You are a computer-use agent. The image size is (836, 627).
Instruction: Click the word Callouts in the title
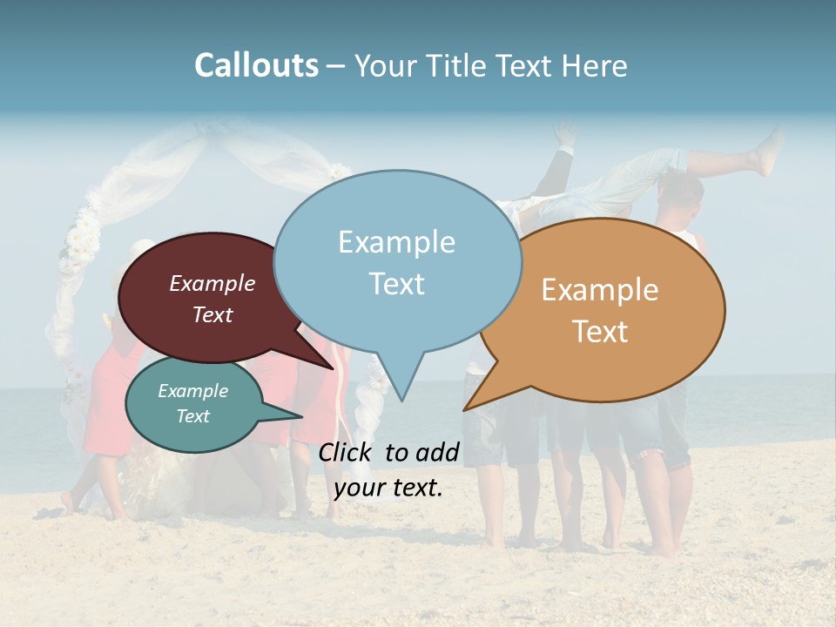click(x=256, y=65)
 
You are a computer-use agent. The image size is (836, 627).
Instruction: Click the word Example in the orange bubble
click(x=600, y=290)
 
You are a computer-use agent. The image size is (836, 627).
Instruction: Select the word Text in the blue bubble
click(x=397, y=284)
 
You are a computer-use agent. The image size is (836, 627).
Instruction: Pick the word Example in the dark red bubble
click(x=212, y=283)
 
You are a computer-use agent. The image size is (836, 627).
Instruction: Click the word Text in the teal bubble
click(x=193, y=416)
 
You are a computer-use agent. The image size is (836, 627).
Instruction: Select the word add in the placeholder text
click(x=436, y=452)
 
